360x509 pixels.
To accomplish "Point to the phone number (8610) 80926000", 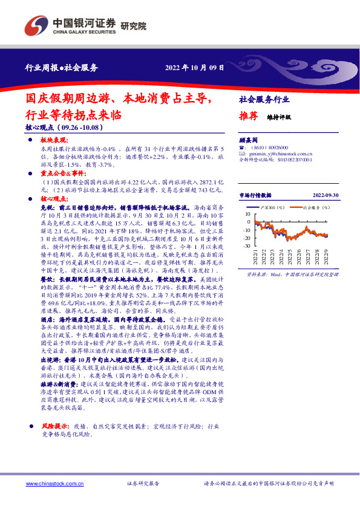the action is [x=267, y=148].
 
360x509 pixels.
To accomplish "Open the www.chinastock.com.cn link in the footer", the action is [x=53, y=484].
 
